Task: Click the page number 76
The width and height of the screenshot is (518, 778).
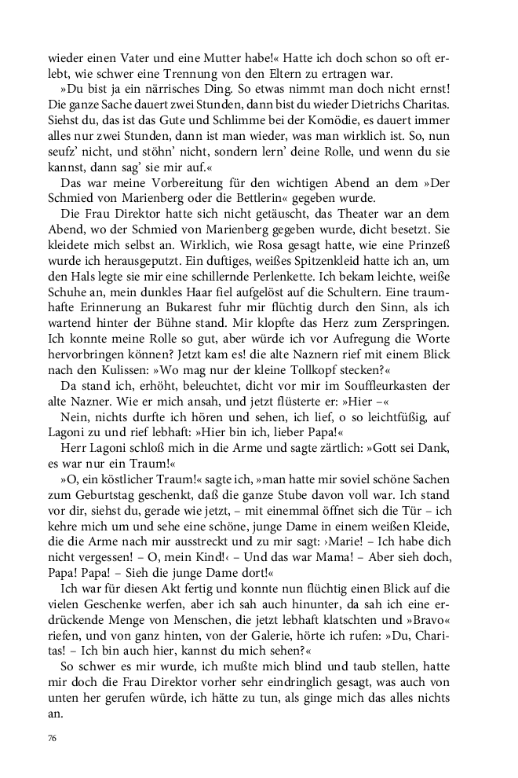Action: coord(53,739)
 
